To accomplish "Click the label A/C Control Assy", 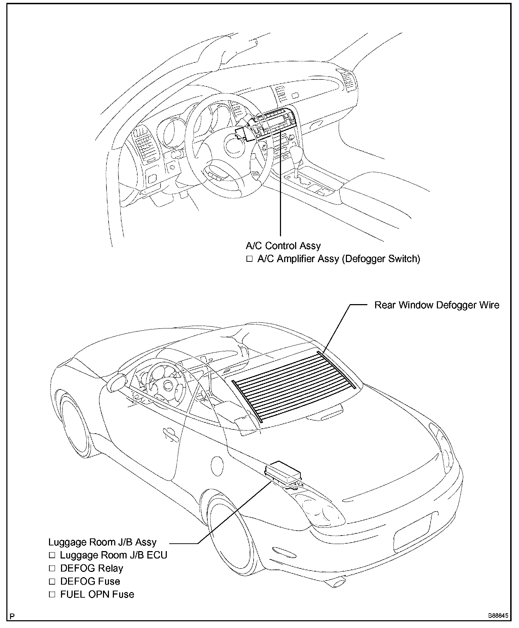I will point(283,246).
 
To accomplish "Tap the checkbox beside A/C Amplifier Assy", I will point(250,259).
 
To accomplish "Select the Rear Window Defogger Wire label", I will point(436,305).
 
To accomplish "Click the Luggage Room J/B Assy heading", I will point(102,542).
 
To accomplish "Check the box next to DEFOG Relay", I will point(52,568).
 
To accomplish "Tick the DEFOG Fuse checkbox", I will point(52,581).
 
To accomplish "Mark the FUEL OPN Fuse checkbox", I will point(52,594).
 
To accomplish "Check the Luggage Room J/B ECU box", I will point(52,555).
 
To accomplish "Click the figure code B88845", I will point(498,616).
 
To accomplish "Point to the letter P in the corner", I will point(13,616).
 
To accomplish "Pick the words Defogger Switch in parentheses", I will point(381,259).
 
